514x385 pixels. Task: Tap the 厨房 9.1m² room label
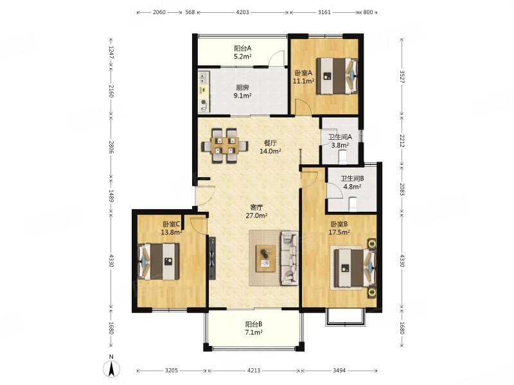[x=242, y=92]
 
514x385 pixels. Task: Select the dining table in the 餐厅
[x=225, y=146]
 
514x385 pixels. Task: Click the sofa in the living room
[x=290, y=258]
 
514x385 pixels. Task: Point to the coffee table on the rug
[x=265, y=259]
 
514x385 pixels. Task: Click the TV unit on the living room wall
[x=212, y=258]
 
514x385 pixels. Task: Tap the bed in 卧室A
[x=336, y=76]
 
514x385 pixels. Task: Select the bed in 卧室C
[x=159, y=261]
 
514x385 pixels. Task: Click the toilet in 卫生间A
[x=342, y=157]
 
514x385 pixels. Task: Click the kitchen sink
[x=204, y=77]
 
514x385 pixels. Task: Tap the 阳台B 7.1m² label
[x=254, y=329]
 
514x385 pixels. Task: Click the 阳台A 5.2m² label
[x=243, y=52]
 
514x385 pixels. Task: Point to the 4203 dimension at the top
[x=243, y=12]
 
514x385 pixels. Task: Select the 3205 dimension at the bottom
[x=172, y=371]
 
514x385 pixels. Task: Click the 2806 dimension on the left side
[x=111, y=148]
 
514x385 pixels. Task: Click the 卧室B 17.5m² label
[x=339, y=228]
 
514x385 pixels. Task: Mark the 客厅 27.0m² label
[x=256, y=212]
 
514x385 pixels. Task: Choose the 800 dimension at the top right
[x=368, y=12]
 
